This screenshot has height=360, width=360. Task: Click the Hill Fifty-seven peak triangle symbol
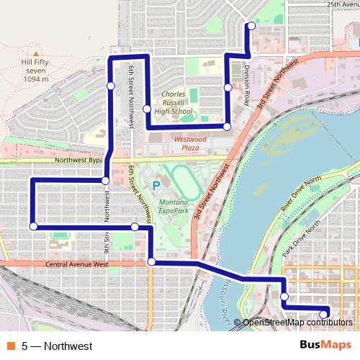(x=35, y=53)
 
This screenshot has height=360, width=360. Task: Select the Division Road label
(x=247, y=86)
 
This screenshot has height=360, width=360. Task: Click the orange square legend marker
(x=10, y=346)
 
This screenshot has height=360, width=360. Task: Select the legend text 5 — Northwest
(x=57, y=346)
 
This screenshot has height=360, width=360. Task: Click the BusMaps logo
(x=326, y=346)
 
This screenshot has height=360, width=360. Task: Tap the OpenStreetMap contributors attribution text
(x=296, y=323)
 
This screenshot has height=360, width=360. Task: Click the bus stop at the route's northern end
(x=251, y=27)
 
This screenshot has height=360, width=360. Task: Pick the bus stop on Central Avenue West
(x=151, y=262)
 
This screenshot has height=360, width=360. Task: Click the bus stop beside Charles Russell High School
(x=146, y=109)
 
